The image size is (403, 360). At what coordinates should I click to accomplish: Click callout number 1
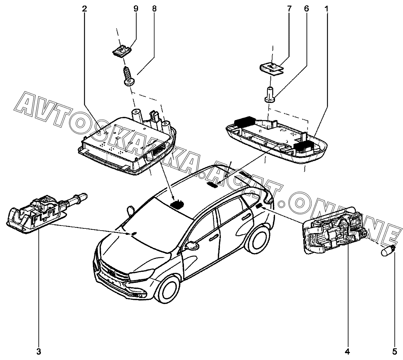326,9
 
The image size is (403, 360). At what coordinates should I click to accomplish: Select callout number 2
84,9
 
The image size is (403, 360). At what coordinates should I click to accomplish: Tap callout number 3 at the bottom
38,352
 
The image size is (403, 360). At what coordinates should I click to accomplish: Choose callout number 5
395,352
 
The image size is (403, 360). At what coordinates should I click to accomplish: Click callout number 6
306,9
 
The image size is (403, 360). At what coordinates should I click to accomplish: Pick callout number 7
289,9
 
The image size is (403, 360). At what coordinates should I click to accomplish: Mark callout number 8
154,9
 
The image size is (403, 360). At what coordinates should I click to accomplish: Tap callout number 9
136,9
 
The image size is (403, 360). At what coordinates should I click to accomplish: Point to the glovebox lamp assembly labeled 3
36,217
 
